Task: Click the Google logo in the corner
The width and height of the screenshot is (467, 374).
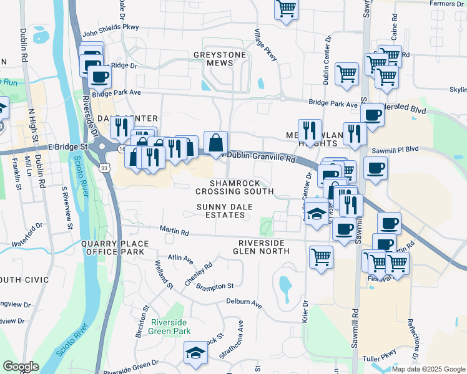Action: point(21,367)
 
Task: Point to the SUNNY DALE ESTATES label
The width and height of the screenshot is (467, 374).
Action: point(220,210)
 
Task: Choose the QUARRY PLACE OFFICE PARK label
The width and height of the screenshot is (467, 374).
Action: point(112,247)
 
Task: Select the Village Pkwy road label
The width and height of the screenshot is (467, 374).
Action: point(265,44)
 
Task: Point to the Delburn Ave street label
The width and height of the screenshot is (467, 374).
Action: point(243,304)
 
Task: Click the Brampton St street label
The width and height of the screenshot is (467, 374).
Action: point(214,286)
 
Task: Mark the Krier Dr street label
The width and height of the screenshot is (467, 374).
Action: point(305,311)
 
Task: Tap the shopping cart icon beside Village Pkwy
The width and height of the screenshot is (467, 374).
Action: point(285,9)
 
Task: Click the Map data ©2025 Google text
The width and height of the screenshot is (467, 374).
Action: point(428,369)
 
